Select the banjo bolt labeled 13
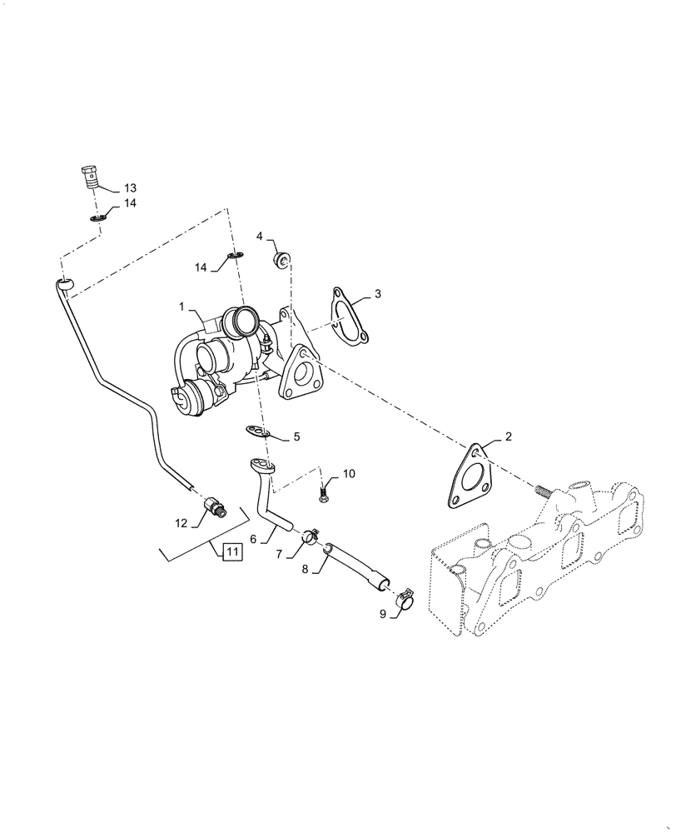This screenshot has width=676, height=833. point(87,177)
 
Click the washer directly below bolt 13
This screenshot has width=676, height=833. point(97,218)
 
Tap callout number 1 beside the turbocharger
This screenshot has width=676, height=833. point(181,307)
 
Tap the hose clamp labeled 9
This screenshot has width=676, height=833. point(403,601)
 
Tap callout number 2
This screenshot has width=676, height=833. point(509,436)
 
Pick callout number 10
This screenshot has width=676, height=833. point(349,474)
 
